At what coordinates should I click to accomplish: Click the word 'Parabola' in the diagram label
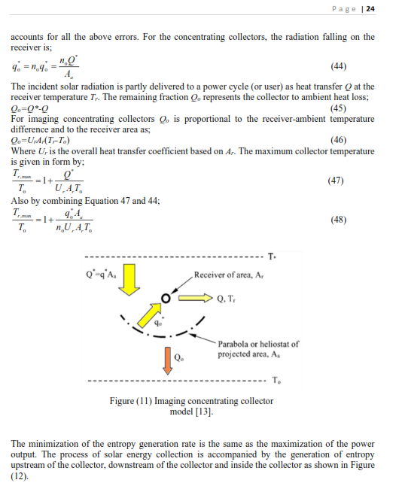(235, 344)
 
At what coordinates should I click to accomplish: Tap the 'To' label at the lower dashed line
(276, 378)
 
